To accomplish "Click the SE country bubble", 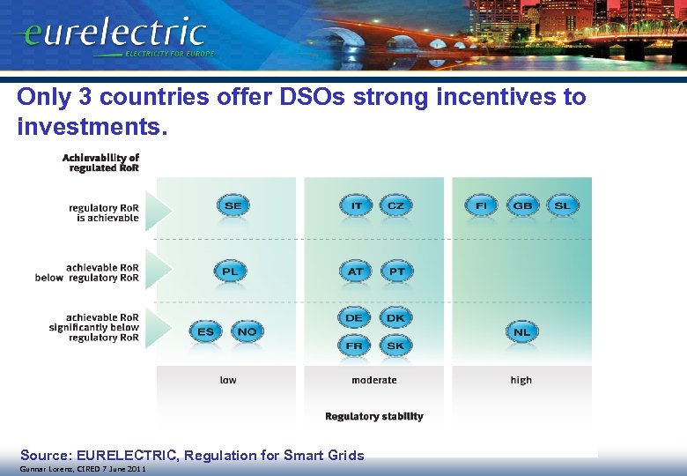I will coord(233,205).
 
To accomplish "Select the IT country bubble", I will coord(356,205).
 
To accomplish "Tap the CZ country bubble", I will coord(396,205).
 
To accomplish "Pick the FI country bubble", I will coord(481,205).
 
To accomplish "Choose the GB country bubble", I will coord(522,205).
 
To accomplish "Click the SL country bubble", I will coord(563,205).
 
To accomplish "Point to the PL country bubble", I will coord(230,271).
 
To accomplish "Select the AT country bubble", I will coord(355,271).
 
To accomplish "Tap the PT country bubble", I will coord(396,271).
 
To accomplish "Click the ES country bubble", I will coord(205,331).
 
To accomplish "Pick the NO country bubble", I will coord(247,331).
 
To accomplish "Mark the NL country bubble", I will coord(521,332).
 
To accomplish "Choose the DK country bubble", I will coord(396,317).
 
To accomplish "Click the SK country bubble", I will coord(396,346).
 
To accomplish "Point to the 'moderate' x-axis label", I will coord(374,380).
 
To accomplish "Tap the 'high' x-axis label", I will coord(521,380).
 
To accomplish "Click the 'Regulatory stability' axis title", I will coord(374,416).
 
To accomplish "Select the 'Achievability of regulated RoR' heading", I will coord(100,162).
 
